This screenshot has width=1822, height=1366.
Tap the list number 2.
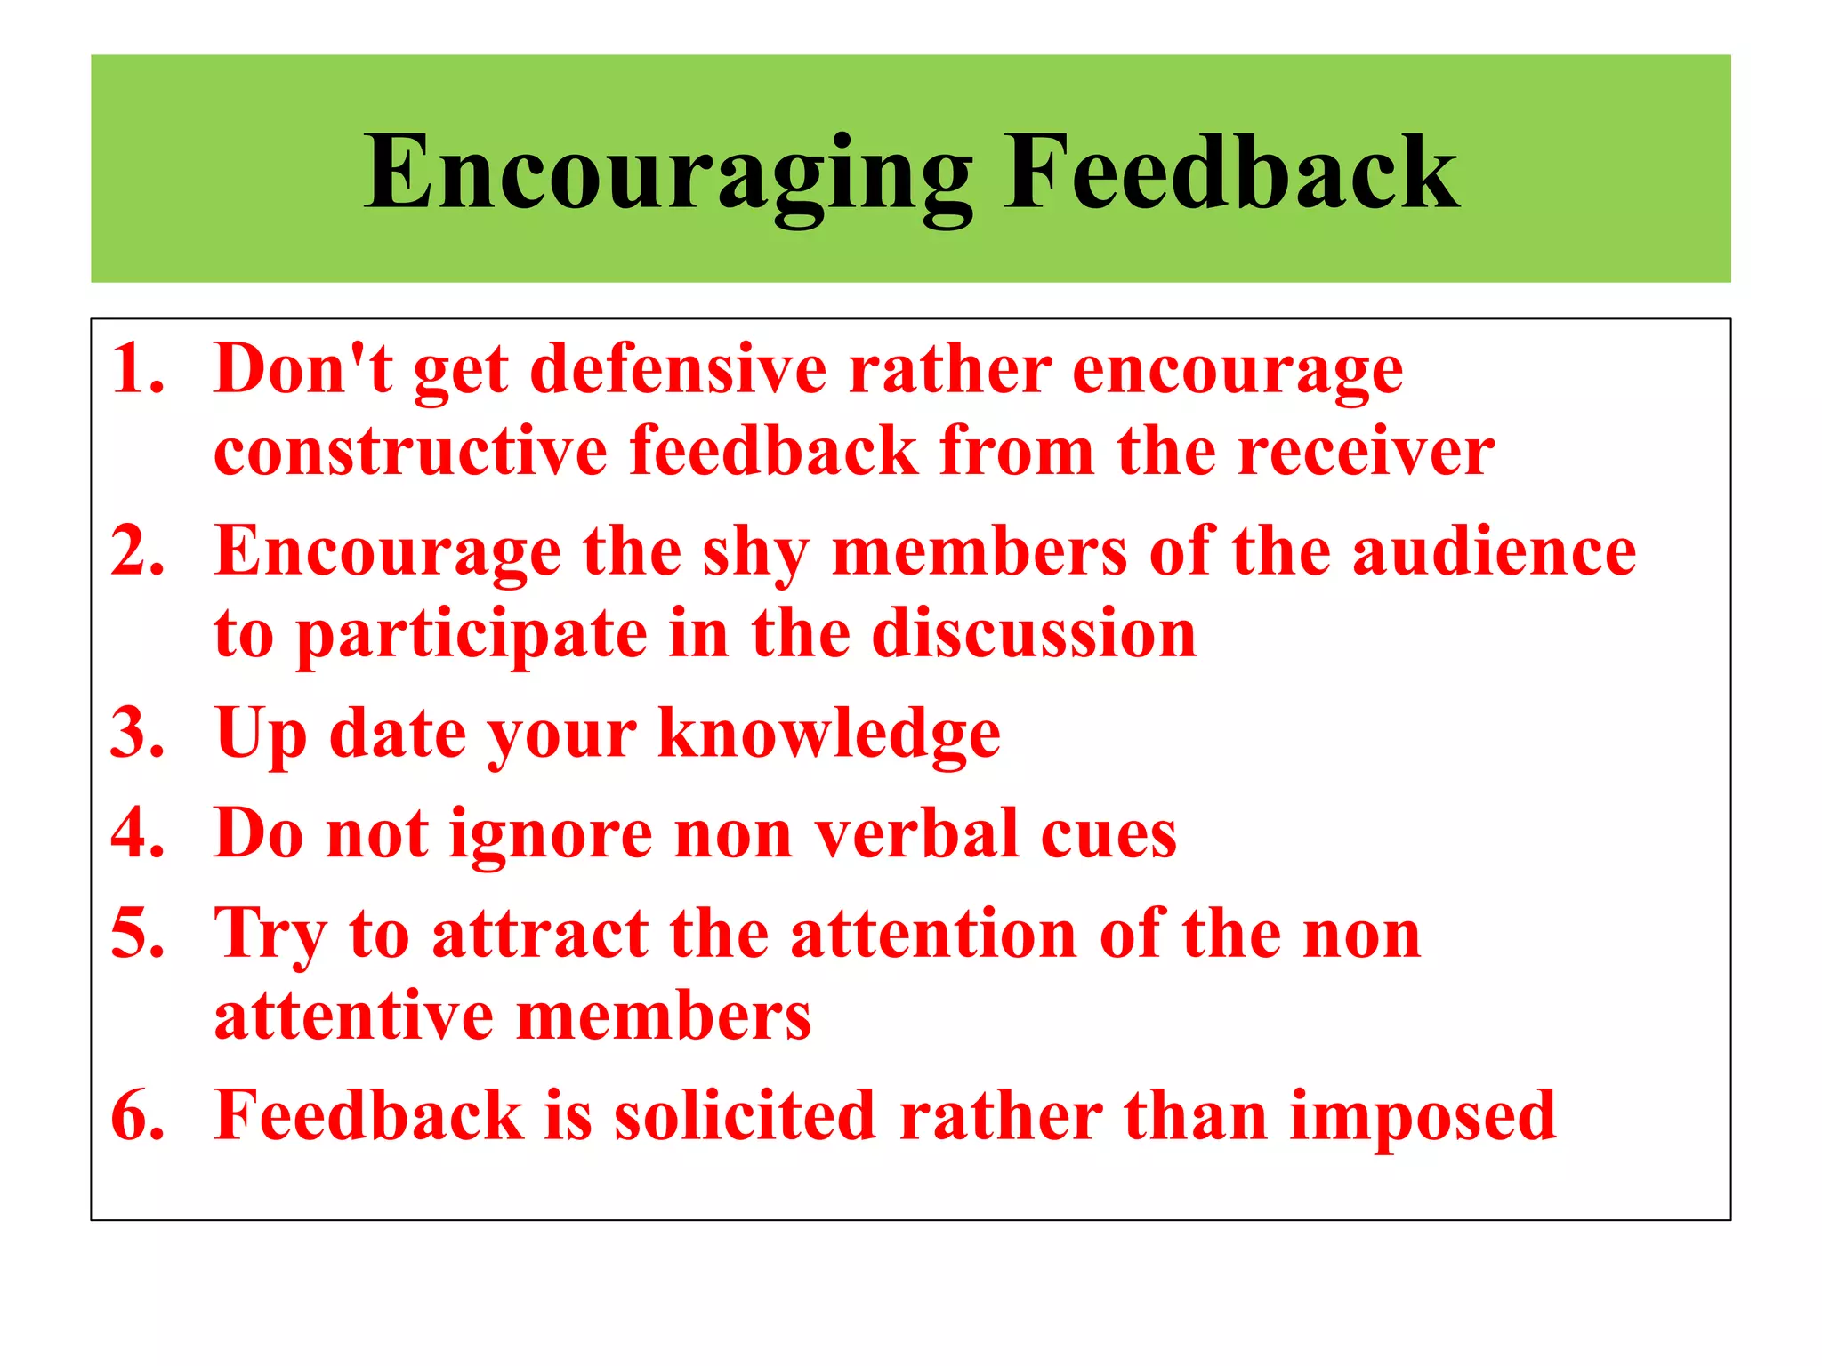click(x=137, y=550)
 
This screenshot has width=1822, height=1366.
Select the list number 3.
click(x=137, y=733)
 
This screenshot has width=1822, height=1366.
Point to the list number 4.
click(x=137, y=833)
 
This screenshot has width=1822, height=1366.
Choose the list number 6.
click(x=137, y=1115)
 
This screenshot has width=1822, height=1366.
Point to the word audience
click(x=1494, y=550)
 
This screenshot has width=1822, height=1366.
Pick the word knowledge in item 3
click(x=829, y=735)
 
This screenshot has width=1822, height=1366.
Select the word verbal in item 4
click(x=917, y=833)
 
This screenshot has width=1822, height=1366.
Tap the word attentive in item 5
click(x=353, y=1016)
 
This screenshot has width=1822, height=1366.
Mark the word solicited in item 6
click(x=745, y=1115)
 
